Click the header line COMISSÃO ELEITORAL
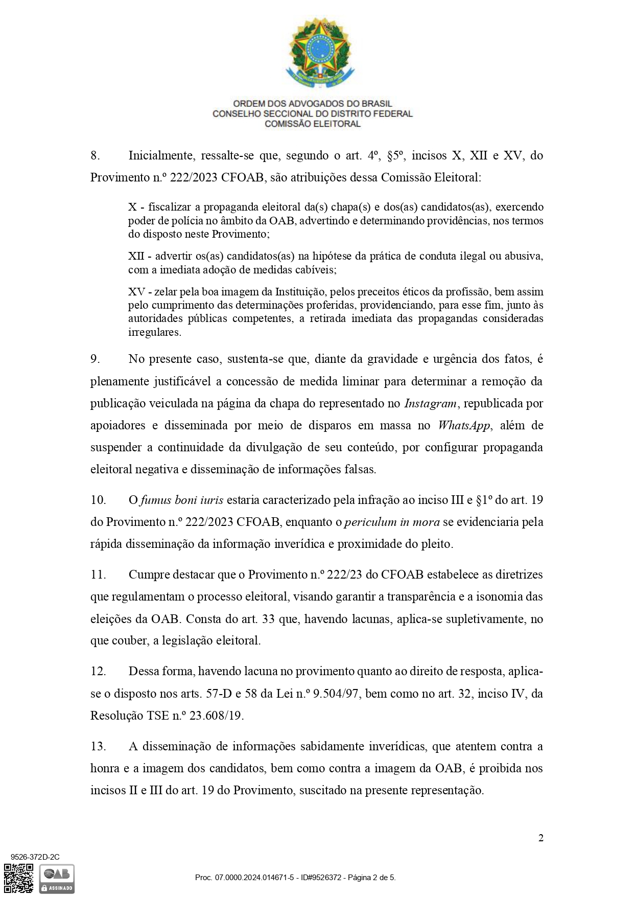click(x=312, y=124)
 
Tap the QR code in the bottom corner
click(x=18, y=878)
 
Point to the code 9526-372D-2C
click(x=35, y=857)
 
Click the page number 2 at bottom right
click(x=541, y=838)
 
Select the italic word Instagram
click(x=430, y=403)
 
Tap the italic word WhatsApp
click(x=464, y=425)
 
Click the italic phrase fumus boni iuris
click(x=181, y=500)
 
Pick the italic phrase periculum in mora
click(x=392, y=522)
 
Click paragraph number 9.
click(x=95, y=359)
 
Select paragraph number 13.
click(x=98, y=746)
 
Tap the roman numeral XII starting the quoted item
click(x=136, y=256)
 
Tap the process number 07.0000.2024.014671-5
click(x=254, y=878)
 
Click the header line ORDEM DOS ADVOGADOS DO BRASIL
click(x=312, y=104)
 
